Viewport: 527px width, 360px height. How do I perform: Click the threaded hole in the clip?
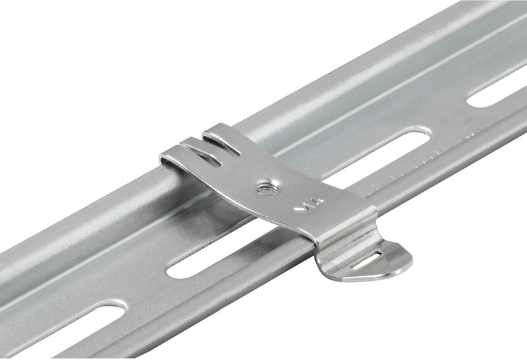tap(267, 187)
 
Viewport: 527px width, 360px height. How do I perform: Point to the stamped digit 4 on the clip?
tap(319, 202)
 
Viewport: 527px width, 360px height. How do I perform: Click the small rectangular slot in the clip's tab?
tap(366, 259)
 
